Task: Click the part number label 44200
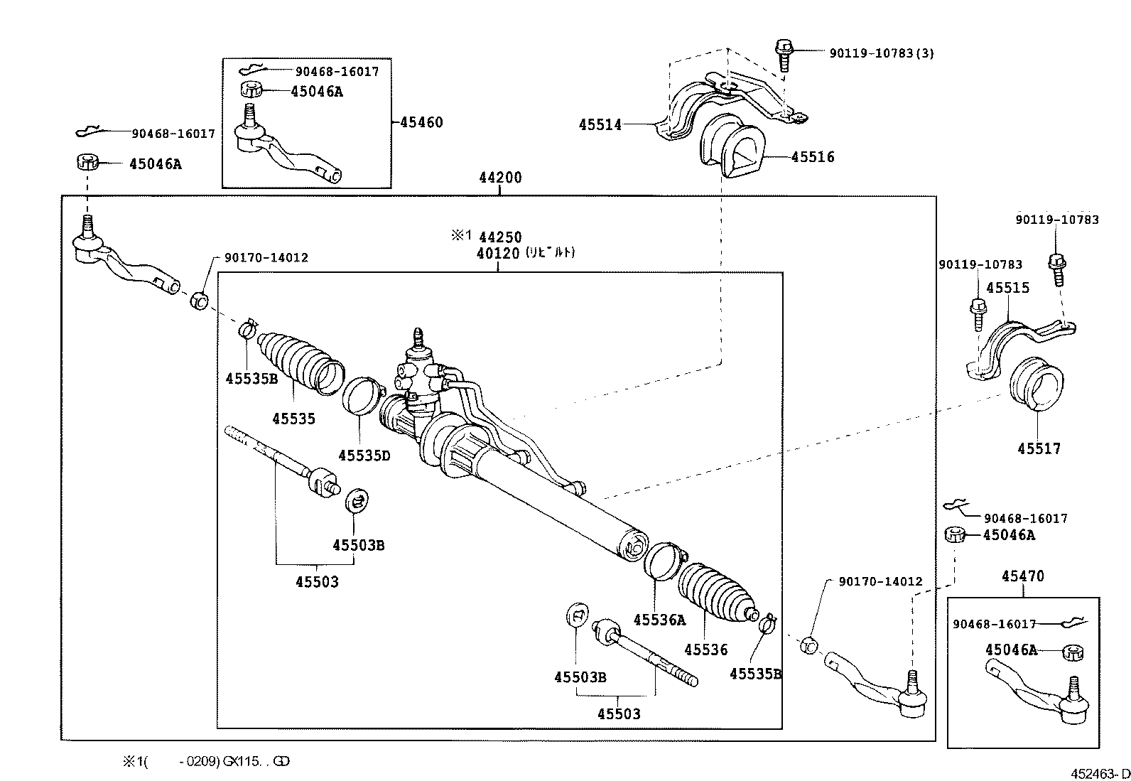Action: pyautogui.click(x=500, y=178)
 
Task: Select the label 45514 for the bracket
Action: pyautogui.click(x=600, y=125)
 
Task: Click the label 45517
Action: pyautogui.click(x=1039, y=448)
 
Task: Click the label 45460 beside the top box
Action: pyautogui.click(x=421, y=122)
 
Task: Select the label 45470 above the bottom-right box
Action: pyautogui.click(x=1023, y=576)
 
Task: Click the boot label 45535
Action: pyautogui.click(x=293, y=419)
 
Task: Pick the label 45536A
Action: pyautogui.click(x=659, y=620)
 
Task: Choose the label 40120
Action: pyautogui.click(x=498, y=254)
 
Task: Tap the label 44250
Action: pyautogui.click(x=500, y=237)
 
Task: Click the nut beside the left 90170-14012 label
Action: pyautogui.click(x=200, y=301)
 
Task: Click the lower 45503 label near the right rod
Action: pyautogui.click(x=619, y=713)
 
